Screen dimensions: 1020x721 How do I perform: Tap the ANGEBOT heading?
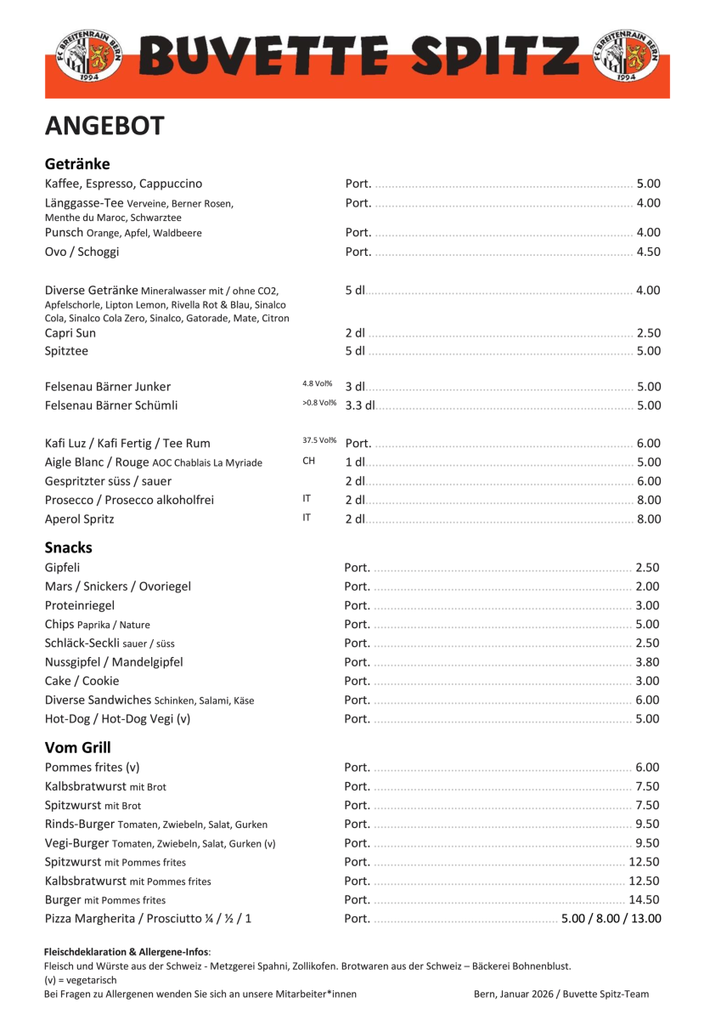point(104,126)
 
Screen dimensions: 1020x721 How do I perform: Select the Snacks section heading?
point(69,547)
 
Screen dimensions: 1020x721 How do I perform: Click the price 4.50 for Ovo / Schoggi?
point(648,252)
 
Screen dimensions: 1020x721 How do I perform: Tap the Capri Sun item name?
point(70,333)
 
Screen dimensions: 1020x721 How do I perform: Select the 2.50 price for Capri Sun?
point(648,333)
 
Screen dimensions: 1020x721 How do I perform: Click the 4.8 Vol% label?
point(317,384)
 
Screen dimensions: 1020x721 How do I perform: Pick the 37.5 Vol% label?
point(319,440)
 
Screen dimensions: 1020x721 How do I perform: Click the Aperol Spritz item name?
point(79,518)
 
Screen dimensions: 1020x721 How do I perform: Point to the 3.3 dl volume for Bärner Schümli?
point(360,405)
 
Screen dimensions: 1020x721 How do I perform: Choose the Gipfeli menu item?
point(63,568)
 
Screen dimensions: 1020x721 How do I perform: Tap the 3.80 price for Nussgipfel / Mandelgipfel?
point(647,662)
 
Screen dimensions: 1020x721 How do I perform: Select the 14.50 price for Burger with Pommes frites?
point(644,899)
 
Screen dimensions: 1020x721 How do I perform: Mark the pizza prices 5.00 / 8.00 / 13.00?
point(611,918)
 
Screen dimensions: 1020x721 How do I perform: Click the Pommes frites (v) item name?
point(92,768)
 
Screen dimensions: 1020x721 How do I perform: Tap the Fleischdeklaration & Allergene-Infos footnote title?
point(127,952)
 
